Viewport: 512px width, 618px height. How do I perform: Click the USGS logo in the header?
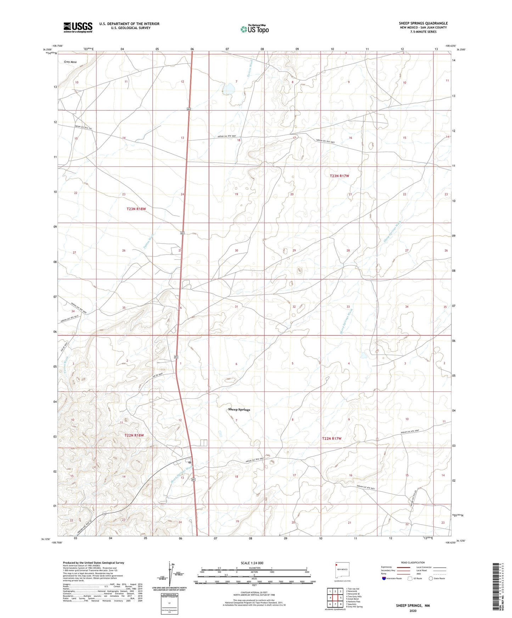(78, 27)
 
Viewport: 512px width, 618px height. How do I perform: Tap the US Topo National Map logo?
(254, 29)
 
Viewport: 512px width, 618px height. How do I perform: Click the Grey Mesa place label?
(70, 62)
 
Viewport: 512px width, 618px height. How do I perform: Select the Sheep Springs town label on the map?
(239, 410)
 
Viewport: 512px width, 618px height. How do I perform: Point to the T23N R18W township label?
(136, 209)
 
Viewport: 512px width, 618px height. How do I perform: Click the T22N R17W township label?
(332, 439)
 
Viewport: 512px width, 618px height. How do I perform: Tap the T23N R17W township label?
(339, 176)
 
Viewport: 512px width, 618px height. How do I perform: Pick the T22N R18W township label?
(134, 435)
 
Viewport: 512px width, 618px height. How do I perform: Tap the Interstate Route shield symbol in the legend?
(384, 578)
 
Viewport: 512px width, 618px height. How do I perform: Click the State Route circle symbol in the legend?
(431, 578)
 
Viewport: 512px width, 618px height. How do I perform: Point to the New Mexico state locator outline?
(342, 571)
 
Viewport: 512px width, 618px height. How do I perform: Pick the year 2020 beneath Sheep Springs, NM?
(413, 611)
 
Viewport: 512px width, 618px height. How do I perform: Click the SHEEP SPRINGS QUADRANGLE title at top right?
(423, 23)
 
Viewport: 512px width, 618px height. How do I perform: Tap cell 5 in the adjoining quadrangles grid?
(340, 598)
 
